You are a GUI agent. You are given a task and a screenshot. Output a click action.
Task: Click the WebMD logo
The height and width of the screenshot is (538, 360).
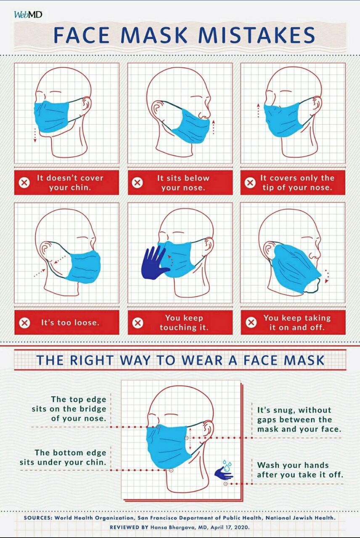pos(28,15)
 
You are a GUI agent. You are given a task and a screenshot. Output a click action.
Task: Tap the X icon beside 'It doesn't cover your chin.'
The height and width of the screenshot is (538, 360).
pos(24,183)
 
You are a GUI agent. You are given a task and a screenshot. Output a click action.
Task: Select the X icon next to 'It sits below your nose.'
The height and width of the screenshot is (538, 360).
pos(137,183)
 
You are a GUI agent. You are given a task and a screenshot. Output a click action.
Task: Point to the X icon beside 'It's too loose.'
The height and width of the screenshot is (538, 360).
pos(24,322)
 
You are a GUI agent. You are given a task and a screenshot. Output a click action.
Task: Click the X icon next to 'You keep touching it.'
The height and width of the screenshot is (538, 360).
pos(138,322)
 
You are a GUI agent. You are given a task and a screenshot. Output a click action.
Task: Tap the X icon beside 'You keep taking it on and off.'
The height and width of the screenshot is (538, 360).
pos(251,322)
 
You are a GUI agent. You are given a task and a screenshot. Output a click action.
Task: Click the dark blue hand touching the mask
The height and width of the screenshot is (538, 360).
pos(155,263)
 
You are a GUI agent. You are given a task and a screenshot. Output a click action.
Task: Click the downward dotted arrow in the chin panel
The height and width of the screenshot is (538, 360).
pos(35,135)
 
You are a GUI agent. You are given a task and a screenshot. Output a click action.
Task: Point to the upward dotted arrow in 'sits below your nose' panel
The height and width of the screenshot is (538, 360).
pos(213,127)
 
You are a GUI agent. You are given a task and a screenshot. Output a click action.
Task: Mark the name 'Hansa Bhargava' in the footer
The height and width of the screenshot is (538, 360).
pos(173,527)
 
